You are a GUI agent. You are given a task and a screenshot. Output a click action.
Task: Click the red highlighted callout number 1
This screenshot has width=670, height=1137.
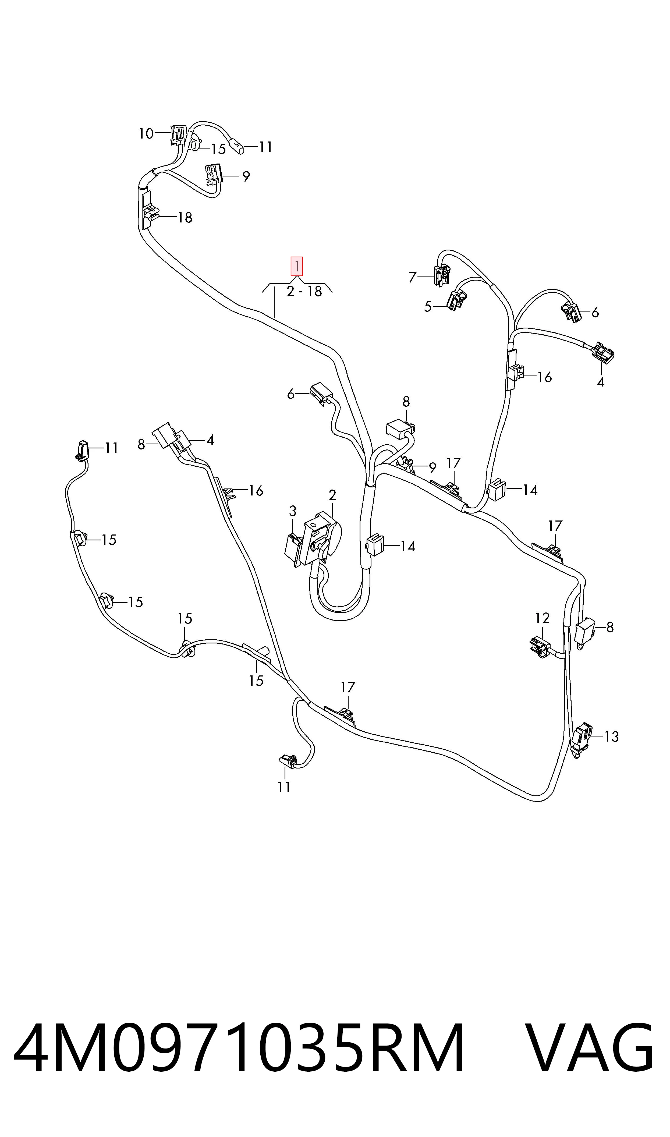(297, 266)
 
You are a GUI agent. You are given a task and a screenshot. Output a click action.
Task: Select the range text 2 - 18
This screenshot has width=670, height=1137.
(304, 292)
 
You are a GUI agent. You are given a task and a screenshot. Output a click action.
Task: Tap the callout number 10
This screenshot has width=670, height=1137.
(146, 134)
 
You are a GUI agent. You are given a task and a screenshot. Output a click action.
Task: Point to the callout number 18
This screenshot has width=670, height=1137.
(185, 218)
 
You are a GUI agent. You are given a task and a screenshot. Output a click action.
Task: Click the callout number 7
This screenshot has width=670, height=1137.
(412, 277)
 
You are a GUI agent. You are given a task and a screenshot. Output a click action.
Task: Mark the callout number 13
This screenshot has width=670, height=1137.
(611, 737)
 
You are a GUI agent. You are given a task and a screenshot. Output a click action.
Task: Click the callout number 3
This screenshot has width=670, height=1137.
(293, 511)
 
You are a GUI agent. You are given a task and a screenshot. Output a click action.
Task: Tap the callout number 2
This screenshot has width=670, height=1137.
(332, 495)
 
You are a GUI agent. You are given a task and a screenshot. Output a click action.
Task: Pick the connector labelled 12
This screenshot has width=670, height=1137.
(540, 647)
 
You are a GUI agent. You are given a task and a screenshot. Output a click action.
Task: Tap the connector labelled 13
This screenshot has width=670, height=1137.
(582, 738)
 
